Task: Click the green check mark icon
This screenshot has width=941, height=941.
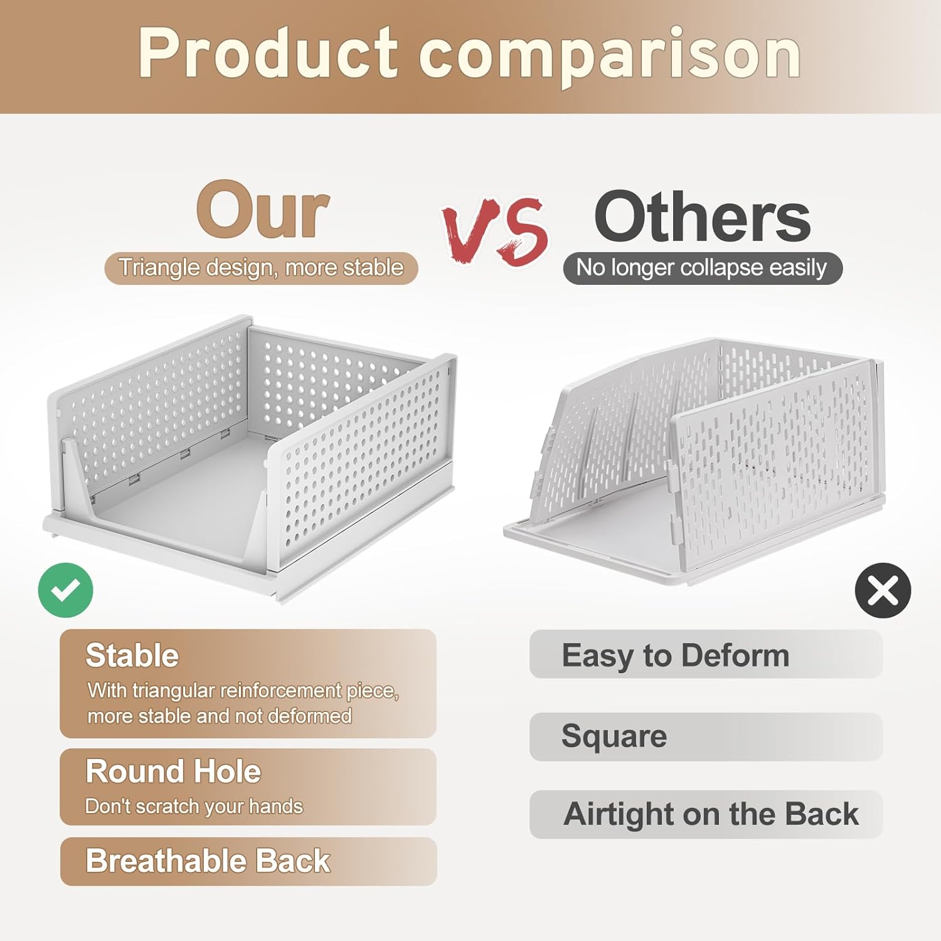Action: click(65, 590)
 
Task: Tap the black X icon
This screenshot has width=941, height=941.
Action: click(883, 590)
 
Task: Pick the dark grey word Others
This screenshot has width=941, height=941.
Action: click(702, 217)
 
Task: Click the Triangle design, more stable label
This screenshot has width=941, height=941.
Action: click(261, 268)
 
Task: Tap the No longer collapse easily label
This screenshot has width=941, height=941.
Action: click(702, 268)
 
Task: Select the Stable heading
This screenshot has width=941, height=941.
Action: click(132, 656)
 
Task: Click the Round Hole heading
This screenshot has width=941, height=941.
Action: click(173, 771)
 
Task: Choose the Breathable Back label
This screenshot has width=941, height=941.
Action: click(208, 861)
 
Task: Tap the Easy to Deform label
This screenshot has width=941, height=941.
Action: click(675, 656)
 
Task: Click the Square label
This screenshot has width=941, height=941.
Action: click(614, 736)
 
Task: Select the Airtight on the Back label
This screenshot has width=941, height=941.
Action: click(711, 814)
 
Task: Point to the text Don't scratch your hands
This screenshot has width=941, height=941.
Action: click(194, 806)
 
